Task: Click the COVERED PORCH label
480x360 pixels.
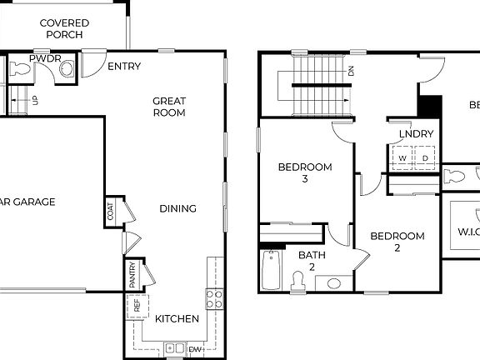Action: click(x=64, y=29)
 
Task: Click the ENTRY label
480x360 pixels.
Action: click(x=124, y=67)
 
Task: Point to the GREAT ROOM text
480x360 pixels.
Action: click(x=169, y=107)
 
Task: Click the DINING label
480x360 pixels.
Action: click(x=177, y=208)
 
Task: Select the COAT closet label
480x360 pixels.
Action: click(x=111, y=212)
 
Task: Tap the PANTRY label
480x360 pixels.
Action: click(x=132, y=273)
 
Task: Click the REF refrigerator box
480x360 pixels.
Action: click(x=137, y=306)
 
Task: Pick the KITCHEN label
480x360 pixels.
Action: click(x=177, y=318)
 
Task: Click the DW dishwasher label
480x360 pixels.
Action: click(x=195, y=349)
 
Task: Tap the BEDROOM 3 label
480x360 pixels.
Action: click(x=304, y=172)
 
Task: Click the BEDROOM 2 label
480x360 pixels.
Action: click(x=397, y=242)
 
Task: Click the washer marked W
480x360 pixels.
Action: click(x=402, y=157)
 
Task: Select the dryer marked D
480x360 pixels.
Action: click(x=425, y=157)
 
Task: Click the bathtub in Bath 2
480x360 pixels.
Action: click(x=271, y=269)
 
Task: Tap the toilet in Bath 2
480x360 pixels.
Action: click(x=298, y=282)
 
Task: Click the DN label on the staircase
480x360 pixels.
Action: click(x=351, y=72)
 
